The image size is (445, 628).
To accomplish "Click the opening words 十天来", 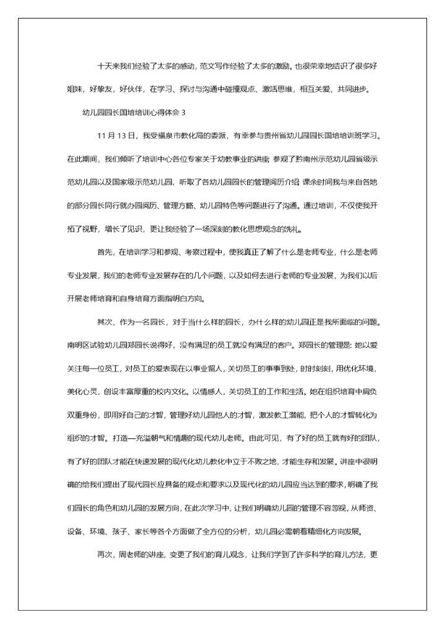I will coord(108,65).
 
